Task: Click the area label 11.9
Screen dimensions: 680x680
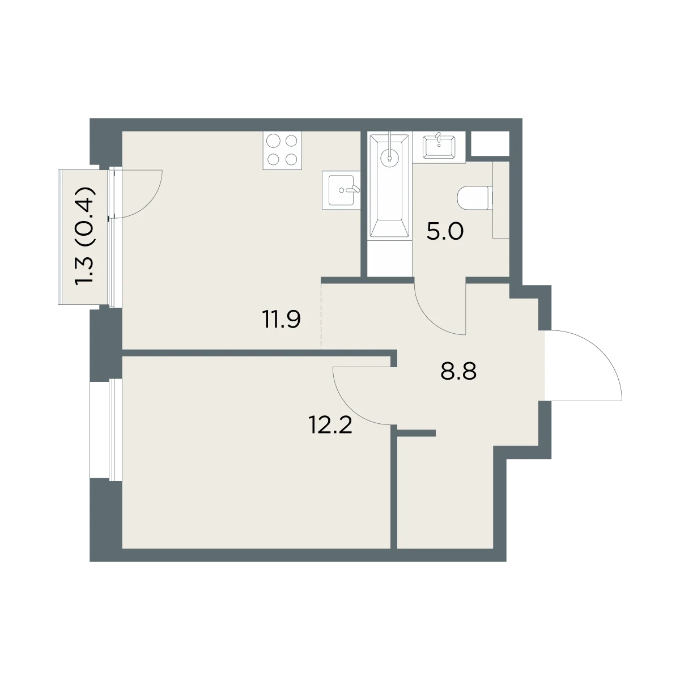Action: pos(281,320)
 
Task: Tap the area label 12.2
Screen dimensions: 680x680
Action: pos(330,424)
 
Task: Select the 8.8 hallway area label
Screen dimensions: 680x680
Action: pos(458,371)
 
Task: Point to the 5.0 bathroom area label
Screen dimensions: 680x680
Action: pos(445,232)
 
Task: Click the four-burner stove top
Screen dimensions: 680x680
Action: pos(282,151)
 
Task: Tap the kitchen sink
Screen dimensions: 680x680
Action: pos(341,190)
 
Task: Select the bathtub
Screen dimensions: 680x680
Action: pos(389,186)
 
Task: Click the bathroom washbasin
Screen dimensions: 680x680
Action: pos(439,146)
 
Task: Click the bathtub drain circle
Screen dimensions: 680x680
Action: pos(389,159)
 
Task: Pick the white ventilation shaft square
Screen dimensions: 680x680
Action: pos(490,143)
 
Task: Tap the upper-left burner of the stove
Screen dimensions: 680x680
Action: pos(273,141)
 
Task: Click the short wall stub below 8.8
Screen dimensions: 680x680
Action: pos(416,433)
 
